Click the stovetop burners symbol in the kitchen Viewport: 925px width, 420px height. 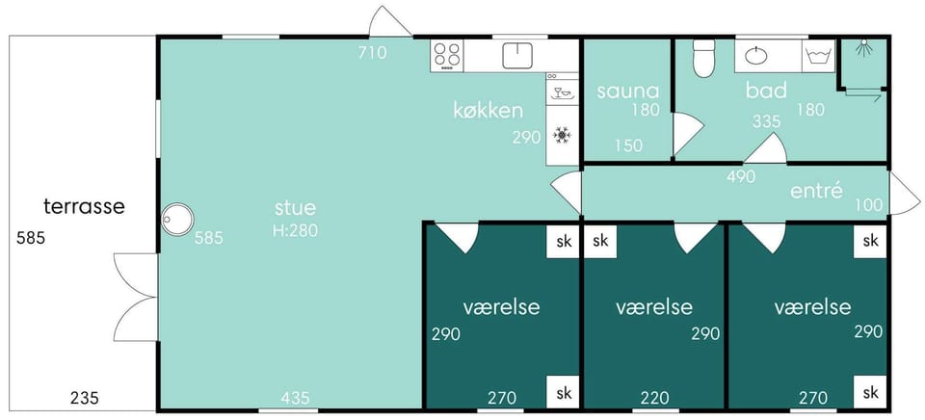tap(446, 55)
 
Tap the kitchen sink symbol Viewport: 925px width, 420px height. tap(517, 55)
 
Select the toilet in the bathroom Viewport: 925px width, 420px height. tap(703, 59)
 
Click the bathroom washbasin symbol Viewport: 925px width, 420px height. tap(756, 56)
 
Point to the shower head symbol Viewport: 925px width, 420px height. tap(864, 48)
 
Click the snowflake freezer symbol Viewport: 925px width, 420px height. tap(562, 136)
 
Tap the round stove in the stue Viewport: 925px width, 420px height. tap(177, 220)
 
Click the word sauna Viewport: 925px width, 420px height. tap(627, 92)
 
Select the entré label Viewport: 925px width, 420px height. tap(816, 191)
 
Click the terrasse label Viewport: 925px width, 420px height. tap(85, 207)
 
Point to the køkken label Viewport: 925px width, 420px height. tap(488, 111)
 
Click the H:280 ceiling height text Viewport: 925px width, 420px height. tap(295, 230)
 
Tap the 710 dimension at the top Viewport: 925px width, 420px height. tap(372, 53)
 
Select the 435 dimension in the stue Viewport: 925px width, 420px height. tap(295, 398)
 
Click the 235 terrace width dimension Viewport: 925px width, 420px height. tap(84, 398)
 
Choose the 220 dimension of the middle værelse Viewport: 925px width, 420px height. tap(655, 398)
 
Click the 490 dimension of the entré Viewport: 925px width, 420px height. tap(741, 176)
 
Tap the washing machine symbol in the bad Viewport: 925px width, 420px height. tap(820, 56)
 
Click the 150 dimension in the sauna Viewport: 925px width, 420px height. tap(627, 145)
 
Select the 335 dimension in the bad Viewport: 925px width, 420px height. tap(766, 121)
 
